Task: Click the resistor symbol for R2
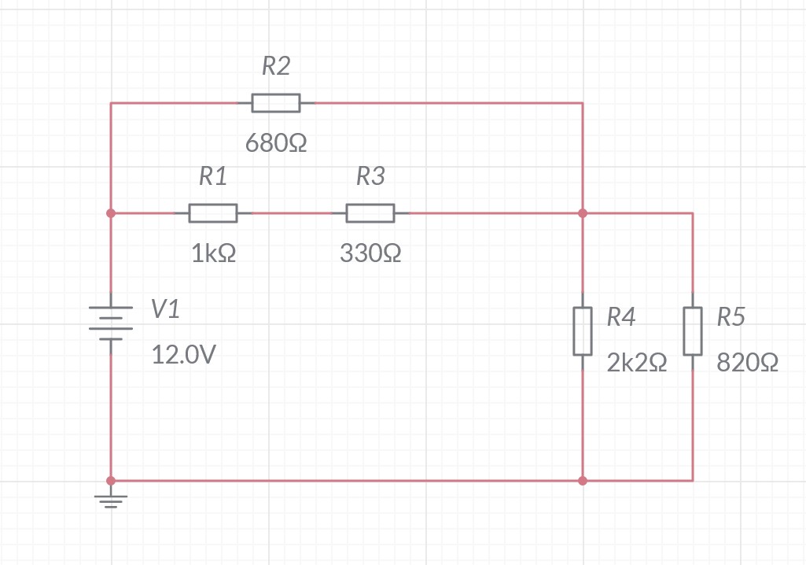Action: [x=275, y=103]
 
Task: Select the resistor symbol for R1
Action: [x=212, y=213]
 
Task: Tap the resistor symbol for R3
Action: [x=370, y=213]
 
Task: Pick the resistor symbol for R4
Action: [x=582, y=331]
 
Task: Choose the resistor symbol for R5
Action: [x=692, y=331]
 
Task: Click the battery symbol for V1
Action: [x=111, y=323]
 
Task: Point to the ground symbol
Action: [x=111, y=499]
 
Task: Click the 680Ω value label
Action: [x=275, y=144]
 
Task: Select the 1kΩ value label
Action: [x=213, y=254]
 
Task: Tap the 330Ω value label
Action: [x=370, y=254]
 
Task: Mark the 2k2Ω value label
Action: [x=637, y=363]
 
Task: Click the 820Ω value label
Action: [x=748, y=363]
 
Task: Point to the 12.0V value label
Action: [x=183, y=356]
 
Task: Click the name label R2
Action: [x=275, y=67]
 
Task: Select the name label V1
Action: [x=165, y=310]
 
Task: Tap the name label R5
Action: [x=731, y=317]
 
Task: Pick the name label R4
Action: [x=620, y=317]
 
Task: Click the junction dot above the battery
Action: [x=111, y=213]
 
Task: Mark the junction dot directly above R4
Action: [x=582, y=213]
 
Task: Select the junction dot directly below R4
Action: [x=582, y=480]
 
